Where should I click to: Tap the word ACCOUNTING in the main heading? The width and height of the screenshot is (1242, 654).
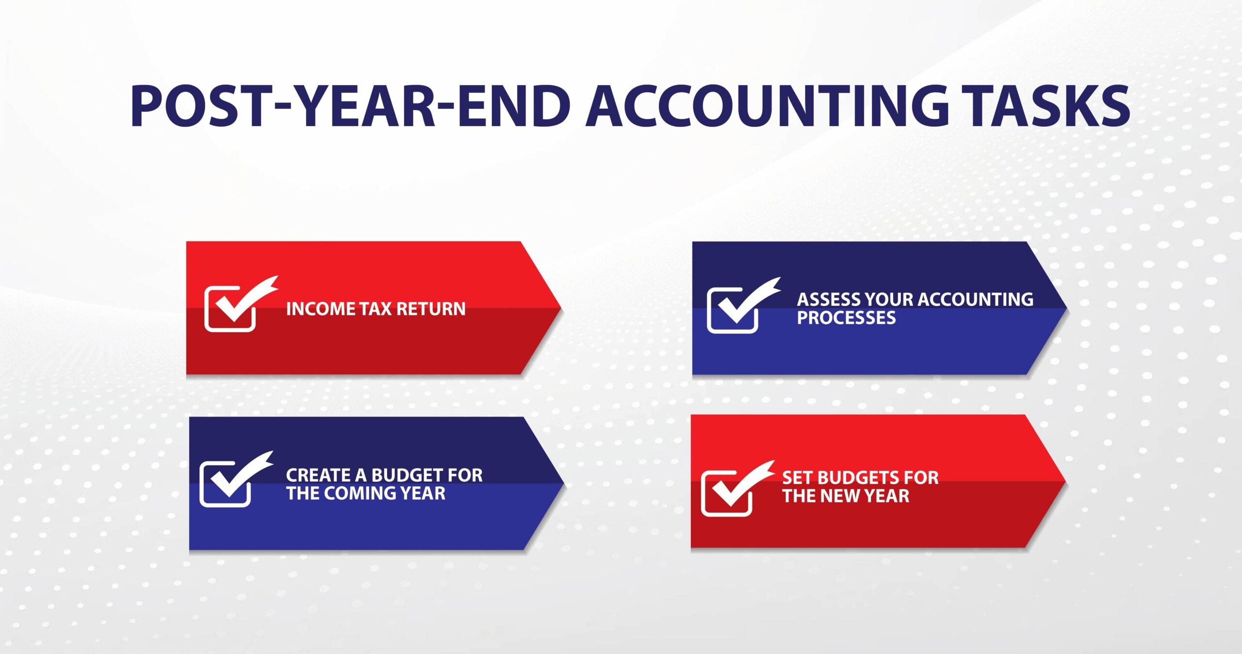tap(767, 106)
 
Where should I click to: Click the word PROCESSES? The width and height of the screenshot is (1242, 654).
tap(846, 318)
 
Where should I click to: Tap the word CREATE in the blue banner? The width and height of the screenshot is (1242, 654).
tap(318, 475)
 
